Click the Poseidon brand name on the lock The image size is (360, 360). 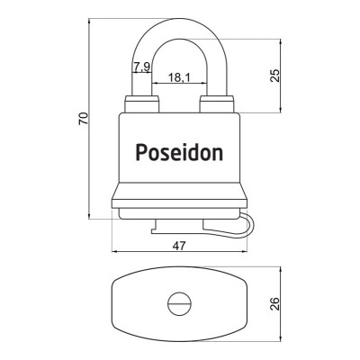(x=179, y=151)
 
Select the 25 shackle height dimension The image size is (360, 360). (x=275, y=76)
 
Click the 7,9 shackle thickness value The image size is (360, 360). (x=141, y=67)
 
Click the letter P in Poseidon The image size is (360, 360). (x=140, y=151)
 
